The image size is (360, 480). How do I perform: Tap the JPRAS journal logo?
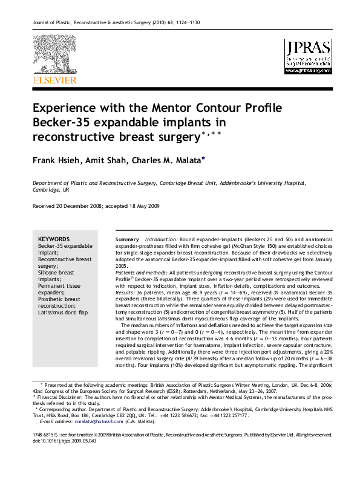(308, 56)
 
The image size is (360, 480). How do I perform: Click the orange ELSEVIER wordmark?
(54, 80)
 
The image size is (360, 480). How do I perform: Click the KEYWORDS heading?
(54, 239)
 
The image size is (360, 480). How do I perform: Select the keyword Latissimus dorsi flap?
(63, 313)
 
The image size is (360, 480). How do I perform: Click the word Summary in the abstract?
(128, 240)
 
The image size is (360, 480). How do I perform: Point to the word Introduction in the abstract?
(160, 240)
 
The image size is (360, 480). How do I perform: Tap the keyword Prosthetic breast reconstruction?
(59, 302)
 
